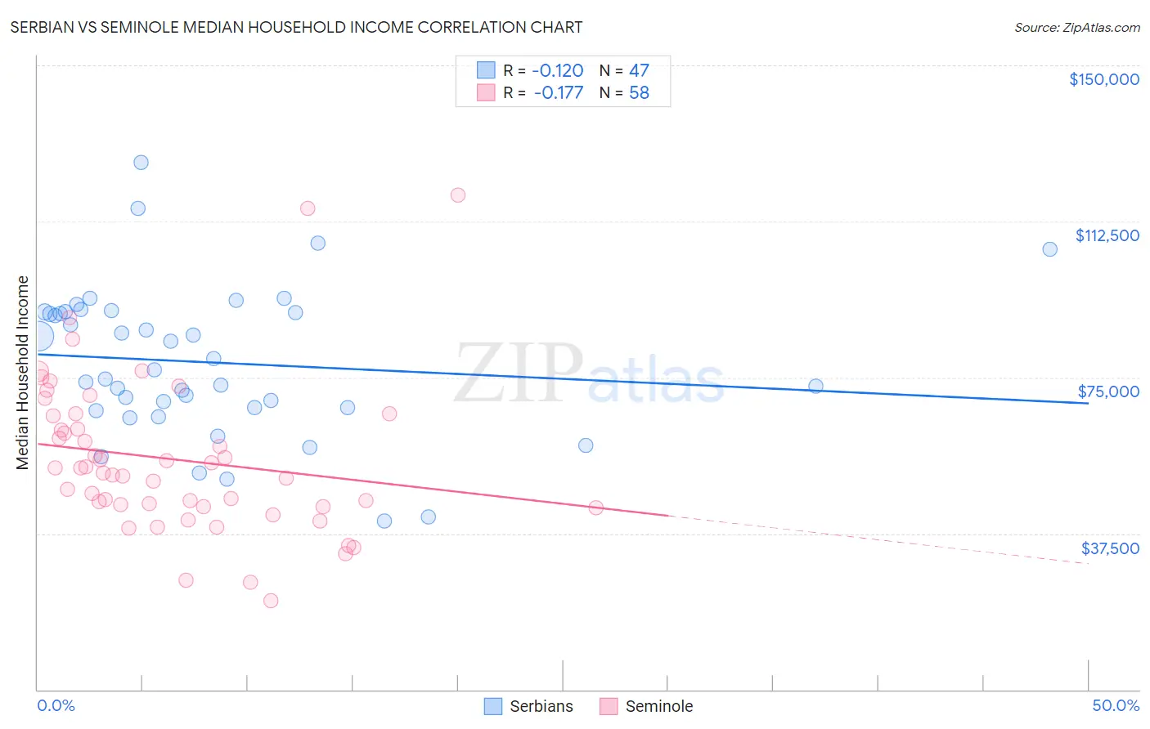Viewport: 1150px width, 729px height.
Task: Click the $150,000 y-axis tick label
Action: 1103,79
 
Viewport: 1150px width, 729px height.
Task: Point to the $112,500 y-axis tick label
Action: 1107,235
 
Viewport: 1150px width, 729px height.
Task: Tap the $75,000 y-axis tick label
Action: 1108,391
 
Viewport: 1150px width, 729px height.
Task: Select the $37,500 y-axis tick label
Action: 1110,548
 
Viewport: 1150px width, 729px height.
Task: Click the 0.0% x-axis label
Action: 56,705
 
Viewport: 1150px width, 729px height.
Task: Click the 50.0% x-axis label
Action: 1116,705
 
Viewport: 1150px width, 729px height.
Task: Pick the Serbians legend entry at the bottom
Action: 528,706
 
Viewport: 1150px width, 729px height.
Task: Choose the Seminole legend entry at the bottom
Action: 646,706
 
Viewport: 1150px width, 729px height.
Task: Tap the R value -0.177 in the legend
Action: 559,93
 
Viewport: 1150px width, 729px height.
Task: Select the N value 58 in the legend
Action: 639,93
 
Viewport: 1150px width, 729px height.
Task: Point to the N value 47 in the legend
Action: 639,71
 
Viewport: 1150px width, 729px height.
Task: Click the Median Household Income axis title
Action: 23,373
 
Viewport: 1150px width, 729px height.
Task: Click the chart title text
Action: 296,27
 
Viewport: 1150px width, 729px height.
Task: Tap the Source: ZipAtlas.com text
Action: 1076,28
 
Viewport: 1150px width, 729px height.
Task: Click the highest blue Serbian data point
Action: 141,163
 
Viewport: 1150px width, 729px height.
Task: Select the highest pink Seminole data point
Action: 458,195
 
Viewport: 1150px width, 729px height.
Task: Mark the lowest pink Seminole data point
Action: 271,601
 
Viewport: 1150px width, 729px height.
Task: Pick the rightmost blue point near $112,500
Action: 1049,249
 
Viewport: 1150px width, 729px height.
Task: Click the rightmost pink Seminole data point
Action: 596,508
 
